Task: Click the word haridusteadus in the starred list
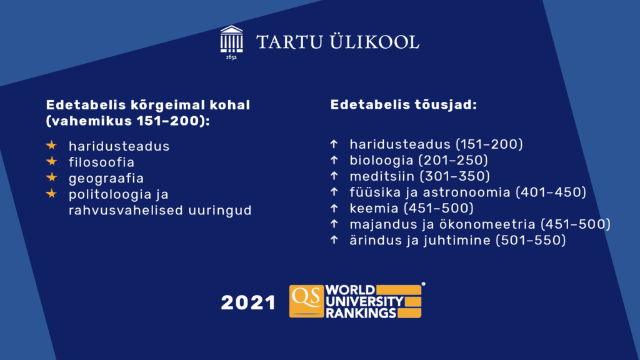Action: [119, 146]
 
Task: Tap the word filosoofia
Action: [101, 162]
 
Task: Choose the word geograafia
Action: [106, 179]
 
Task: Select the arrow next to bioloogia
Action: [334, 160]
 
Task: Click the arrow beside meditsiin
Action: [334, 176]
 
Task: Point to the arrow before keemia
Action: [334, 208]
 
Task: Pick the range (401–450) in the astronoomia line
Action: [551, 192]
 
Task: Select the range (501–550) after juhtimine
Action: [531, 240]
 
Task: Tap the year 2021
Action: [248, 303]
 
